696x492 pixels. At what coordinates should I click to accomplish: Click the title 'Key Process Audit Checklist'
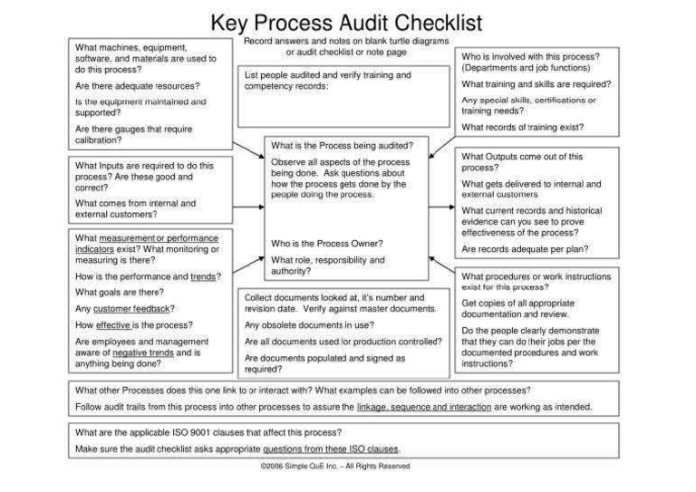tap(347, 22)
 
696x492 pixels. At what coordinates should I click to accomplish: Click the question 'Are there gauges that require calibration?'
tap(133, 135)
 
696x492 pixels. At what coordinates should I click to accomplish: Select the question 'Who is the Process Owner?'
tap(327, 243)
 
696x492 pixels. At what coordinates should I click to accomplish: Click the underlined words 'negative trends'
tap(150, 352)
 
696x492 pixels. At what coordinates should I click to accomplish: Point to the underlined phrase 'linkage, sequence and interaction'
tap(423, 407)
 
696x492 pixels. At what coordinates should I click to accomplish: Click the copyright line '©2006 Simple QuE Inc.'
tap(334, 466)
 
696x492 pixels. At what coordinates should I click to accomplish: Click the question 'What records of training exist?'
tap(522, 128)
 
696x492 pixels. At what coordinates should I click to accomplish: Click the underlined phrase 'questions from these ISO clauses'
tap(331, 449)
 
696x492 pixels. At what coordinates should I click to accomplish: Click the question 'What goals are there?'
tap(119, 292)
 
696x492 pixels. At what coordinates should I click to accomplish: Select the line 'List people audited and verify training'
tap(327, 74)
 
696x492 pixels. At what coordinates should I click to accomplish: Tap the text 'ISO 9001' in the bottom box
tap(205, 432)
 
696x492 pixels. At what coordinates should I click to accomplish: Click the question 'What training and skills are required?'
tap(535, 84)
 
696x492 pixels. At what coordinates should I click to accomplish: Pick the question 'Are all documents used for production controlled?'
tap(343, 342)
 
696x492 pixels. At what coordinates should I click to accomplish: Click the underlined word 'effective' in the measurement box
tap(114, 324)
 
